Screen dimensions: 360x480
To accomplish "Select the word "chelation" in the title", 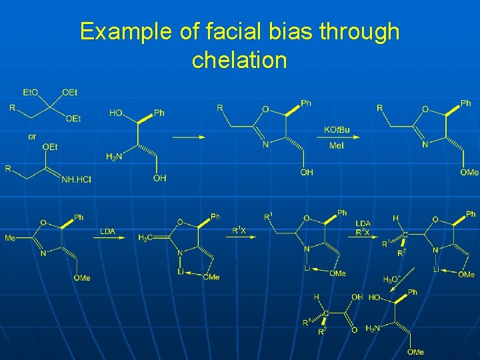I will click(239, 61).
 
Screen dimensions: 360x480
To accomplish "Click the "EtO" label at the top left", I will click(31, 92).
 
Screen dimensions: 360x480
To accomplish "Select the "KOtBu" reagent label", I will click(337, 129).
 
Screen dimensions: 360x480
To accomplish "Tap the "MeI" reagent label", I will click(337, 146).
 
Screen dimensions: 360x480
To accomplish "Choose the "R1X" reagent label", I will click(239, 230).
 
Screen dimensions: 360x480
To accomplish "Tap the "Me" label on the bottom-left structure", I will click(11, 238).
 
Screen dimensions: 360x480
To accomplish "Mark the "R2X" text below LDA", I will click(363, 232).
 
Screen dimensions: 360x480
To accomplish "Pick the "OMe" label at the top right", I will click(469, 172).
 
